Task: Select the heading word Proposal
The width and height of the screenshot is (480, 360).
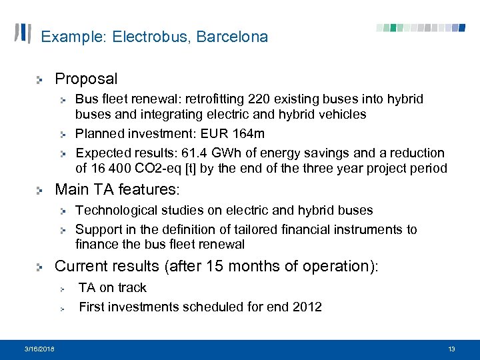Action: [86, 79]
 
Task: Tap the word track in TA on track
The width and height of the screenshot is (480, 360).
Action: [131, 287]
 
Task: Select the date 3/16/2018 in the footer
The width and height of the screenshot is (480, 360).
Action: [39, 349]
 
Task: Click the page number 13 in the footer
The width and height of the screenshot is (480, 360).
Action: [451, 349]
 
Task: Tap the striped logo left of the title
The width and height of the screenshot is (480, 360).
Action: [23, 33]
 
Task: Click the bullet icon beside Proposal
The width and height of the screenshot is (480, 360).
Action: [41, 80]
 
